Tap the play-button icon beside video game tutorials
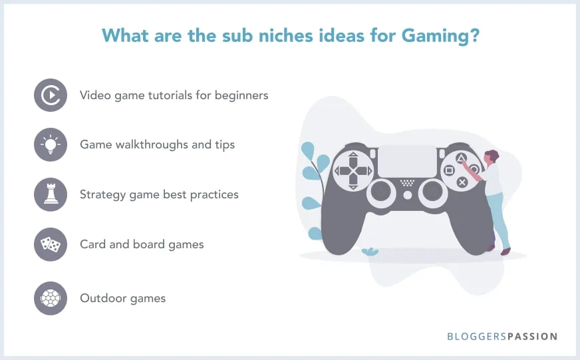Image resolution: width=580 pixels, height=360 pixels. click(51, 95)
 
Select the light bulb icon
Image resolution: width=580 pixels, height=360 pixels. click(51, 144)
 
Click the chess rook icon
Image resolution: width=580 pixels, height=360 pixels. click(51, 194)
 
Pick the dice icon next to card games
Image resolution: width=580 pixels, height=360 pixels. click(51, 244)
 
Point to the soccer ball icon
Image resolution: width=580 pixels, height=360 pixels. click(51, 297)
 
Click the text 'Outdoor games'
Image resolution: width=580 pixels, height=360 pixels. click(122, 297)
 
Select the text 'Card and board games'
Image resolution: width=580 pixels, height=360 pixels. click(142, 244)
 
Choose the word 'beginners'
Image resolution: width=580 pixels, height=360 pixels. click(239, 95)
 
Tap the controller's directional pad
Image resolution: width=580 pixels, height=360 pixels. click(353, 171)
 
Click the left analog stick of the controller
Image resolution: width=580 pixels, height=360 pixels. click(380, 192)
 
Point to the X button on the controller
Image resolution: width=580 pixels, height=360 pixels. click(462, 182)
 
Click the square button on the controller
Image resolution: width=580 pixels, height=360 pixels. click(449, 170)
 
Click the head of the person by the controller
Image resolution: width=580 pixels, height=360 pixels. click(491, 157)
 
